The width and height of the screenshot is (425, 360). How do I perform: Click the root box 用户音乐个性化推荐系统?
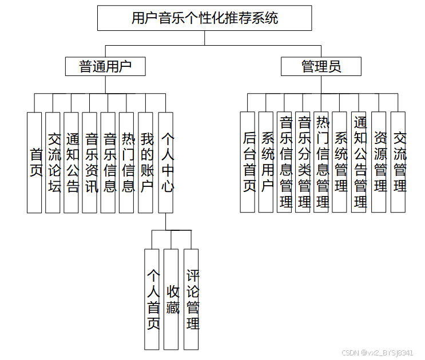pyautogui.click(x=204, y=18)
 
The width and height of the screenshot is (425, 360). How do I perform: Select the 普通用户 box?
pyautogui.click(x=105, y=66)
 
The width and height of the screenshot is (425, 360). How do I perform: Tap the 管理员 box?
pyautogui.click(x=321, y=66)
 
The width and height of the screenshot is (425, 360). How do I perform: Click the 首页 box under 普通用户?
pyautogui.click(x=35, y=162)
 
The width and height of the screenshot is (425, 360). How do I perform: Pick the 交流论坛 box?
pyautogui.click(x=53, y=162)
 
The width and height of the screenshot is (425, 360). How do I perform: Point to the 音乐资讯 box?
pyautogui.click(x=90, y=162)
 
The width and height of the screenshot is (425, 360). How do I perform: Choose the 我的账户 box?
pyautogui.click(x=146, y=162)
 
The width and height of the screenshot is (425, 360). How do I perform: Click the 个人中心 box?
pyautogui.click(x=166, y=162)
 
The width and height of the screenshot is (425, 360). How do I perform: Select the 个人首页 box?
pyautogui.click(x=152, y=299)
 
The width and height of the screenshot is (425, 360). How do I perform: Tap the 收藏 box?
pyautogui.click(x=172, y=299)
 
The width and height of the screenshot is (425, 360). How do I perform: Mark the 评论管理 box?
pyautogui.click(x=192, y=299)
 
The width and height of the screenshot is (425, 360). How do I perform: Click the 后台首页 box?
pyautogui.click(x=248, y=162)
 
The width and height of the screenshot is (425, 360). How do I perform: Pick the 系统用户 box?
pyautogui.click(x=267, y=162)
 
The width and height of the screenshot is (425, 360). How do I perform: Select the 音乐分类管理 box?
pyautogui.click(x=303, y=162)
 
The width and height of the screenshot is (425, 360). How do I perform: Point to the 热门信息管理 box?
pyautogui.click(x=321, y=162)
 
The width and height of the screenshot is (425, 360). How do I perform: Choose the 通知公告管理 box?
pyautogui.click(x=359, y=162)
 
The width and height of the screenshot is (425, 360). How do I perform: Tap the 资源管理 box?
pyautogui.click(x=379, y=162)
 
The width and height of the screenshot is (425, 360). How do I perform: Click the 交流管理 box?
pyautogui.click(x=398, y=162)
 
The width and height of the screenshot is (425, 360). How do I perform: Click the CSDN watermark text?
pyautogui.click(x=378, y=353)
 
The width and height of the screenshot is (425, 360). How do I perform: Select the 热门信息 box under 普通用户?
pyautogui.click(x=127, y=162)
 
